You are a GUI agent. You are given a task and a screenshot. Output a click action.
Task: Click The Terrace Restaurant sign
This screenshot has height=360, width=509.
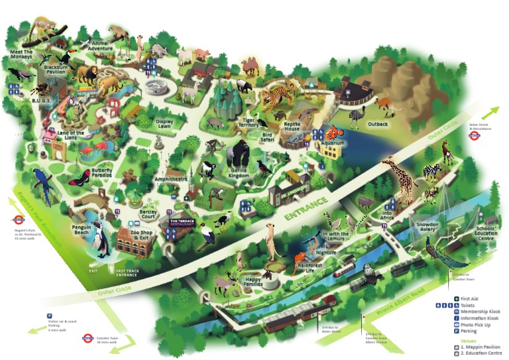pyautogui.click(x=182, y=223)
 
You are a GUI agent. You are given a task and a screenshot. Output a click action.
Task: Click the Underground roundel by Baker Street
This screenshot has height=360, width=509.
pyautogui.click(x=474, y=135)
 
